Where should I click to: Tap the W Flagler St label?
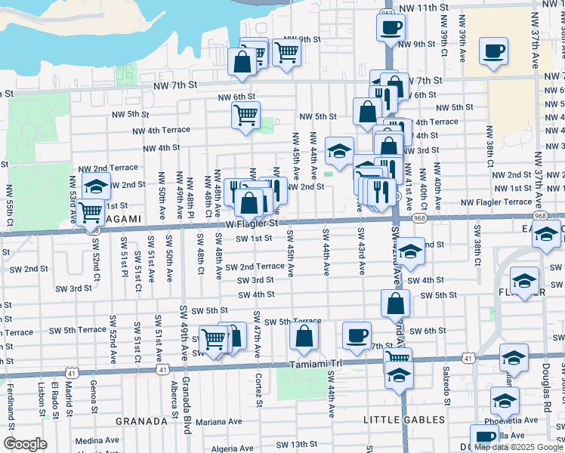(x=253, y=223)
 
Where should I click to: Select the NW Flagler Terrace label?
(x=496, y=202)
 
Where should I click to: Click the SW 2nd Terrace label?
(x=253, y=267)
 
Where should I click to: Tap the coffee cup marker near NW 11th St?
(x=390, y=29)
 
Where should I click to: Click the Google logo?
(x=26, y=444)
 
